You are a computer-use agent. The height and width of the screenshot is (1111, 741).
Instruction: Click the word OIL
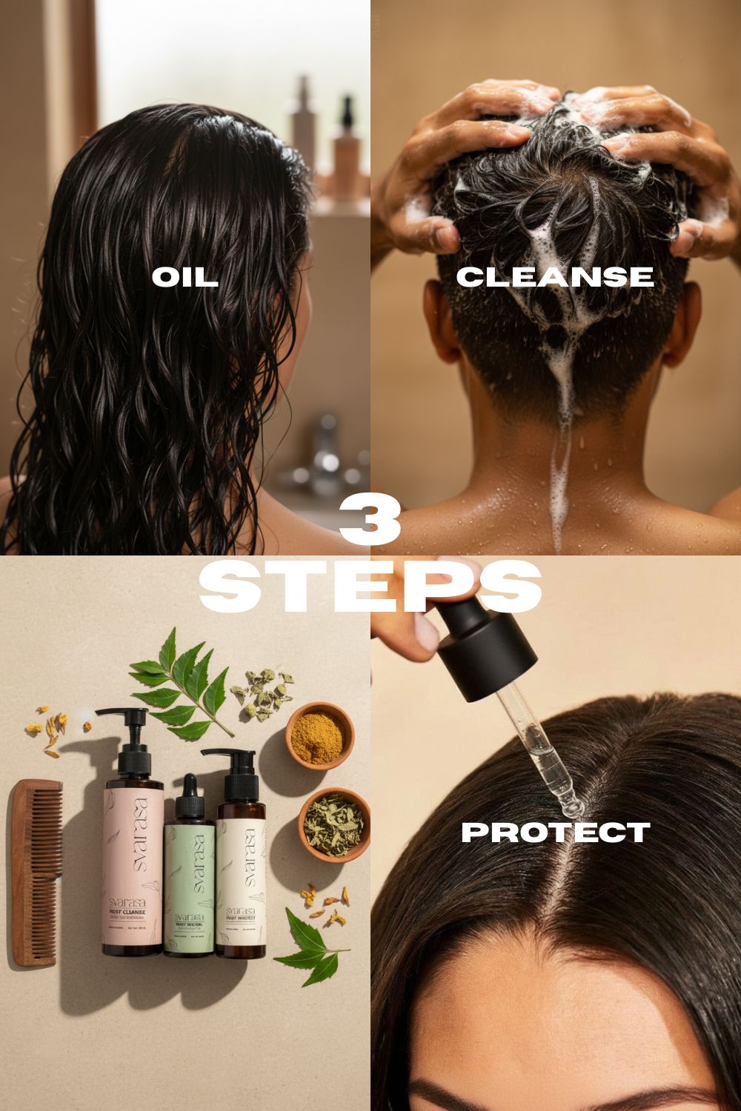coord(185,278)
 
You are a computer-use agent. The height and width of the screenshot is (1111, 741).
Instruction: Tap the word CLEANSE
coord(554,277)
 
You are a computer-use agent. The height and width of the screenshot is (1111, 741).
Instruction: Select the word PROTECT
coord(555,832)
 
